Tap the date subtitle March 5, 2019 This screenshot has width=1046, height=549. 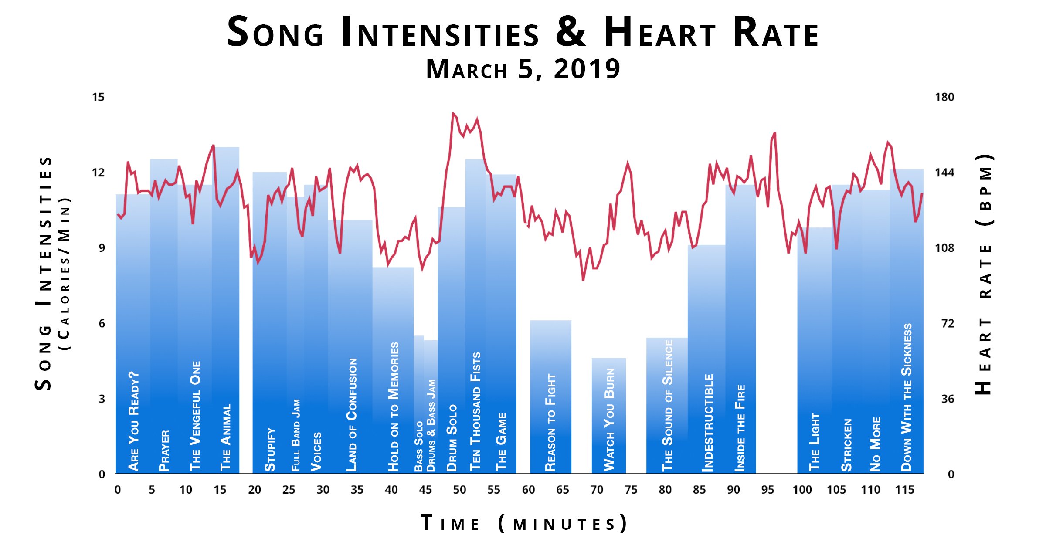coord(523,69)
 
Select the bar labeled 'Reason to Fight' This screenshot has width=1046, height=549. coord(550,396)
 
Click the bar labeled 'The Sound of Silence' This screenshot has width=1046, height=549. coord(667,405)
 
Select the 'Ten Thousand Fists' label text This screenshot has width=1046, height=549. coord(475,412)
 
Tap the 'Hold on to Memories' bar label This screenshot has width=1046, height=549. coord(394,407)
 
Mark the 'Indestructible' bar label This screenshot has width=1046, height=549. coord(708,423)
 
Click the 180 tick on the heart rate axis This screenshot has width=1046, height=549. coord(944,97)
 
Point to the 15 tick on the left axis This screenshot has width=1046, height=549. coord(98,97)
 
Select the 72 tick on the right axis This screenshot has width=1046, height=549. coord(948,323)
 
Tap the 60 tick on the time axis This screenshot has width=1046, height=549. coord(528,490)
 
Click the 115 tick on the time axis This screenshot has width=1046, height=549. coord(904,490)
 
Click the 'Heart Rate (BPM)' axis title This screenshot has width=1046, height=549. coord(984,274)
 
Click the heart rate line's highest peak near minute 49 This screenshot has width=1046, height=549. coord(453,113)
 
